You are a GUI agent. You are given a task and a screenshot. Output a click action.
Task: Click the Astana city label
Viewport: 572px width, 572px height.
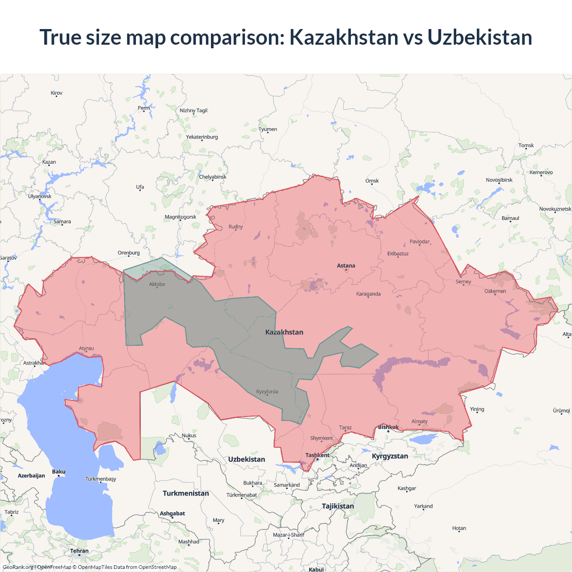pyautogui.click(x=346, y=265)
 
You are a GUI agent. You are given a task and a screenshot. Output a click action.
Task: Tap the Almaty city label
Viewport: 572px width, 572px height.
pyautogui.click(x=419, y=421)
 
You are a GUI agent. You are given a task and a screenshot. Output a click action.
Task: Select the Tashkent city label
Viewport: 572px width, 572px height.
pyautogui.click(x=317, y=455)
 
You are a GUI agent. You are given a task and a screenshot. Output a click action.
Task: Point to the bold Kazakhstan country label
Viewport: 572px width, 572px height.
pyautogui.click(x=284, y=332)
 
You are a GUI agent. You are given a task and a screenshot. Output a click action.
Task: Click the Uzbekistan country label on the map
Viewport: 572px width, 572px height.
pyautogui.click(x=246, y=459)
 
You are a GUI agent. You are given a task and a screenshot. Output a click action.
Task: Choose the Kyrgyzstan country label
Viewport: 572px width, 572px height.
pyautogui.click(x=390, y=456)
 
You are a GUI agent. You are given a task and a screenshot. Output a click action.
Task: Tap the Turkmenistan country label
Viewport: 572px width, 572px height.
pyautogui.click(x=185, y=493)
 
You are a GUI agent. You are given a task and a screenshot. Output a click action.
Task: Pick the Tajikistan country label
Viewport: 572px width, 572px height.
pyautogui.click(x=338, y=506)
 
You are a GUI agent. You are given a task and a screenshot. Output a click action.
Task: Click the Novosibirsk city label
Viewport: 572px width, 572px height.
pyautogui.click(x=499, y=180)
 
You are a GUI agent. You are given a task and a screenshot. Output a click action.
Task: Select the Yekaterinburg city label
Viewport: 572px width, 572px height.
pyautogui.click(x=202, y=137)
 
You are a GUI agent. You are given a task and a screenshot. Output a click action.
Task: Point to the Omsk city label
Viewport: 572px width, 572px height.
pyautogui.click(x=372, y=181)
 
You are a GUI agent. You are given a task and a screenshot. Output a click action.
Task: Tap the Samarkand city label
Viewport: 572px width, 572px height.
pyautogui.click(x=286, y=485)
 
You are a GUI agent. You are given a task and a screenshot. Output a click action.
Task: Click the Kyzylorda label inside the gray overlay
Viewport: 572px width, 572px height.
pyautogui.click(x=267, y=392)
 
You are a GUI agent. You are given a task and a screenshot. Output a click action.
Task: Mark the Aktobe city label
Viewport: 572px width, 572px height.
pyautogui.click(x=157, y=284)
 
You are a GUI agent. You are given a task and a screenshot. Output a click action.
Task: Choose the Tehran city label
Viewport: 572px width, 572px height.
pyautogui.click(x=79, y=551)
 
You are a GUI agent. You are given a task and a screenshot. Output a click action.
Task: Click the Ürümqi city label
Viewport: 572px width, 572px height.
pyautogui.click(x=561, y=411)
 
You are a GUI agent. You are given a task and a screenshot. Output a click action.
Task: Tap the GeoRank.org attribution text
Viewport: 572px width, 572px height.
pyautogui.click(x=18, y=567)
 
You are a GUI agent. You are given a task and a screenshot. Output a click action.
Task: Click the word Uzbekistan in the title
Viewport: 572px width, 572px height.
pyautogui.click(x=479, y=37)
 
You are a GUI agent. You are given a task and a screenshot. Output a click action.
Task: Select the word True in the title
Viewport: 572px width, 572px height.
pyautogui.click(x=60, y=37)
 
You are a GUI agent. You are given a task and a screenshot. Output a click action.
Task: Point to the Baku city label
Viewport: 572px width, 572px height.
pyautogui.click(x=59, y=472)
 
